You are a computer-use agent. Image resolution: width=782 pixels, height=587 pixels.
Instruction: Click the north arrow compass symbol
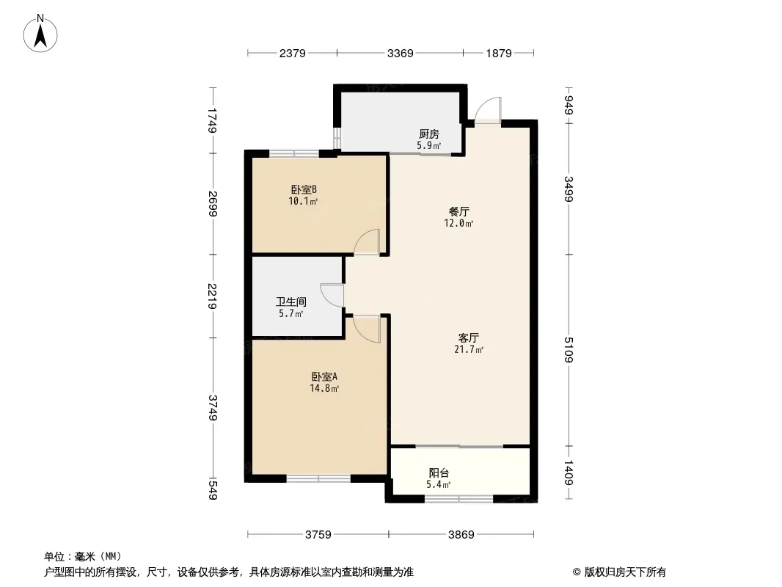pyautogui.click(x=42, y=32)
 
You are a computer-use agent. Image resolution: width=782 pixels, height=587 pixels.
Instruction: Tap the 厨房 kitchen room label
pyautogui.click(x=429, y=134)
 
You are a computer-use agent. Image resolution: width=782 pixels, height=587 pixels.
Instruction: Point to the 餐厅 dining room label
pyautogui.click(x=459, y=211)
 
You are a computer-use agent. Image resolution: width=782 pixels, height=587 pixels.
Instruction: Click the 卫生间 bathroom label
pyautogui.click(x=290, y=302)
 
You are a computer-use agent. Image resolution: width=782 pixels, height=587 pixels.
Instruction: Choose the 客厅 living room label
pyautogui.click(x=469, y=338)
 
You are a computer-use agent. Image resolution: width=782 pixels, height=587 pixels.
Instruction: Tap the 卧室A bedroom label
pyautogui.click(x=324, y=377)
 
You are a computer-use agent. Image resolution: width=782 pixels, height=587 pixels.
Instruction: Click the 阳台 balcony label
pyautogui.click(x=439, y=473)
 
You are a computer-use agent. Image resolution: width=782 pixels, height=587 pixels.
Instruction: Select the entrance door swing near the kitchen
pyautogui.click(x=487, y=111)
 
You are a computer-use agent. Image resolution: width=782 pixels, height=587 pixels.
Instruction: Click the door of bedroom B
pyautogui.click(x=367, y=242)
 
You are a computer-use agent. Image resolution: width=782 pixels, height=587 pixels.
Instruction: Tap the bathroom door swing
pyautogui.click(x=332, y=295)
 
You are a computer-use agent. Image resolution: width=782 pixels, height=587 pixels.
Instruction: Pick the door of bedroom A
pyautogui.click(x=368, y=327)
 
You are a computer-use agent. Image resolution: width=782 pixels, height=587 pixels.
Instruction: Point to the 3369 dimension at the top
pyautogui.click(x=401, y=53)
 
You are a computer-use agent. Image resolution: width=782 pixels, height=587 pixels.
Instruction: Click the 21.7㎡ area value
pyautogui.click(x=469, y=350)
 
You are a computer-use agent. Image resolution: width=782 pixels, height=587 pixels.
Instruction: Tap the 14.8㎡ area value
pyautogui.click(x=324, y=389)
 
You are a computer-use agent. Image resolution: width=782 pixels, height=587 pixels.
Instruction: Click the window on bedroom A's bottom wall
pyautogui.click(x=318, y=479)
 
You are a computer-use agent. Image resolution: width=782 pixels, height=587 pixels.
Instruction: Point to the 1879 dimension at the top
pyautogui.click(x=498, y=53)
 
